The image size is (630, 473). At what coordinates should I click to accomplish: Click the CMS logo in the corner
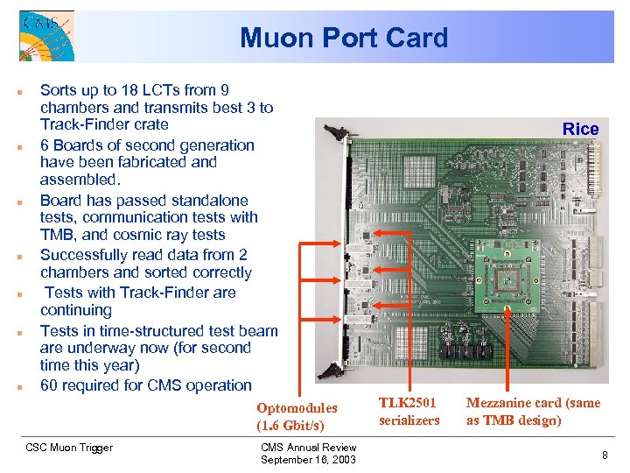[x=45, y=35]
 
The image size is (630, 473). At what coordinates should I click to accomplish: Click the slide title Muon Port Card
[x=343, y=38]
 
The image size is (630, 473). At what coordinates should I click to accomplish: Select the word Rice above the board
[x=580, y=129]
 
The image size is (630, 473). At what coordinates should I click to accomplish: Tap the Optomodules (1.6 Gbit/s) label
[x=296, y=416]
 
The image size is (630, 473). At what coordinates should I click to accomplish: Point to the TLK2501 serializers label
[x=409, y=411]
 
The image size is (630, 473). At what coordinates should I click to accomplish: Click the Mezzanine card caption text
[x=532, y=411]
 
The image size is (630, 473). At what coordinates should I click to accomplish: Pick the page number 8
[x=604, y=455]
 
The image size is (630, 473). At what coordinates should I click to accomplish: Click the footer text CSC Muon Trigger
[x=69, y=448]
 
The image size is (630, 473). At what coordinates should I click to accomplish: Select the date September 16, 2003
[x=308, y=460]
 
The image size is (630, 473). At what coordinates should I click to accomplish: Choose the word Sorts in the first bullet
[x=59, y=89]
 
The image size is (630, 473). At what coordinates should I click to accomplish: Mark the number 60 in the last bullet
[x=51, y=385]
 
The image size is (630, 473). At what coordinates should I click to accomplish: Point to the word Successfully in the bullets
[x=84, y=255]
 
